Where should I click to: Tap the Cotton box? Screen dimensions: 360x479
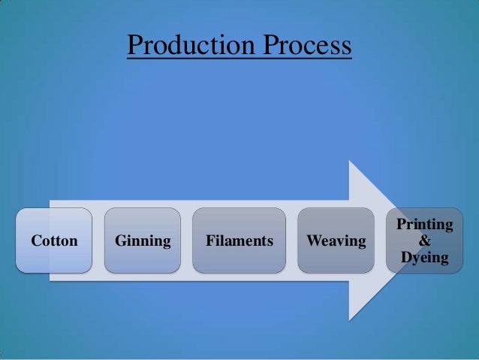(54, 241)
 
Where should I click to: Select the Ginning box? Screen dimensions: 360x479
(143, 241)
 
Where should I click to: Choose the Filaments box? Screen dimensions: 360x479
(239, 241)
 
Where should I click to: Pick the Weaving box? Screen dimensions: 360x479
(336, 241)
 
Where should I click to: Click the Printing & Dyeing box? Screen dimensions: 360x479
(424, 241)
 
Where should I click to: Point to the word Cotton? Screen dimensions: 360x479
(54, 241)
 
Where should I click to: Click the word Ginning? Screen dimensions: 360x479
(143, 241)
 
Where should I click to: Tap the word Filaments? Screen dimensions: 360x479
(239, 241)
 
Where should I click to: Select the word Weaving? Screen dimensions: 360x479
(336, 241)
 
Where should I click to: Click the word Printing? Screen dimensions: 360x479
(424, 224)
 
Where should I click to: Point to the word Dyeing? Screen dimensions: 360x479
(424, 259)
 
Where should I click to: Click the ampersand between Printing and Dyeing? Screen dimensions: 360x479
(424, 241)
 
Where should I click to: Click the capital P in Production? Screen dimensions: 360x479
(134, 45)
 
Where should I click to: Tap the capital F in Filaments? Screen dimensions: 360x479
(209, 241)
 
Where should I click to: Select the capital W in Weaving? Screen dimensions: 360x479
(312, 241)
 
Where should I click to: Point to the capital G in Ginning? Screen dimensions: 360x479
(120, 241)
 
